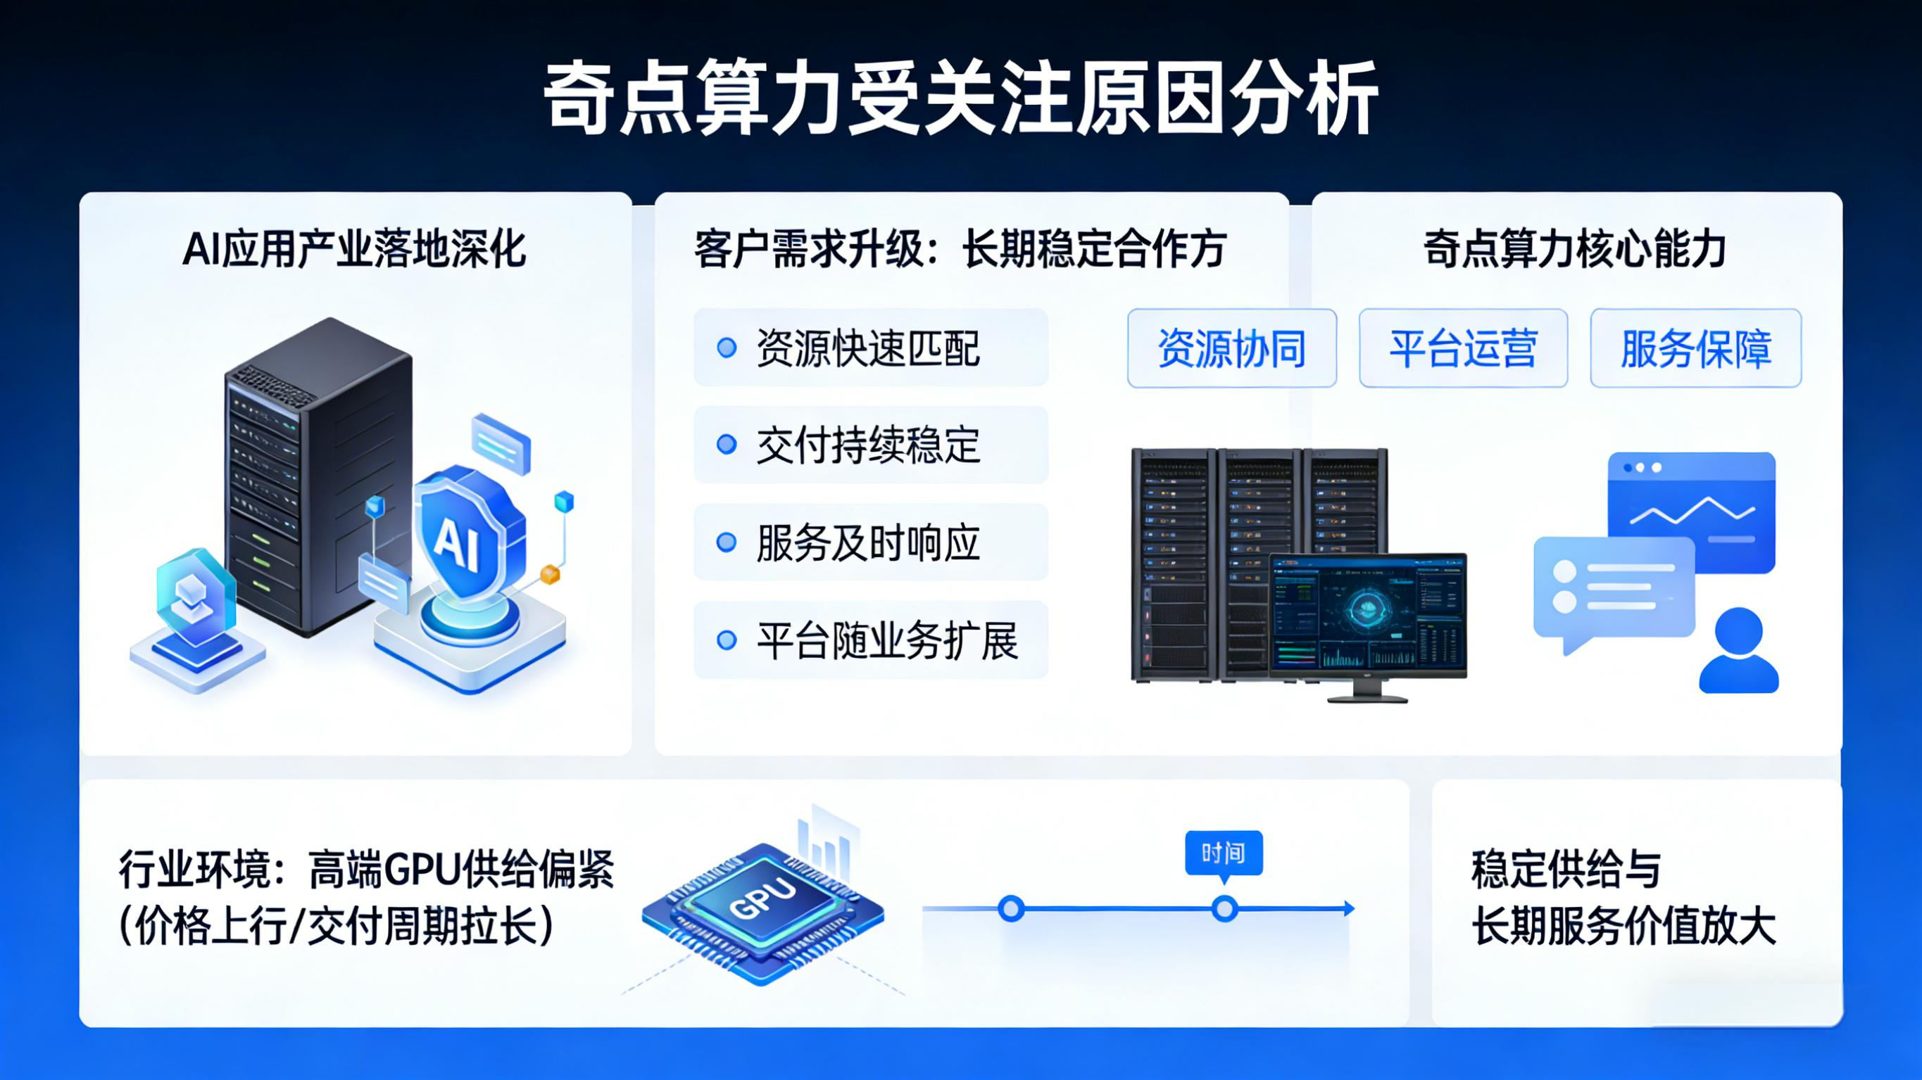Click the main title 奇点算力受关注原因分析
[x=960, y=99]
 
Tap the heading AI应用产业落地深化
[x=354, y=249]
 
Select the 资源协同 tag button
[x=1231, y=348]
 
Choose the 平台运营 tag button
[x=1463, y=348]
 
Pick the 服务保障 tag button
[x=1695, y=348]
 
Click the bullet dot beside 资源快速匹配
[x=727, y=348]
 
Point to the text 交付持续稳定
[x=868, y=445]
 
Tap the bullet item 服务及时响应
[x=868, y=542]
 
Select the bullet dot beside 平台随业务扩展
[x=727, y=640]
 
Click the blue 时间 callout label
[x=1224, y=853]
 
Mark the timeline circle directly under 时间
[x=1224, y=909]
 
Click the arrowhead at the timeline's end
[x=1348, y=908]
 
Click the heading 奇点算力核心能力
[x=1575, y=249]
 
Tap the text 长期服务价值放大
[x=1623, y=927]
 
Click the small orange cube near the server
[x=550, y=573]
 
